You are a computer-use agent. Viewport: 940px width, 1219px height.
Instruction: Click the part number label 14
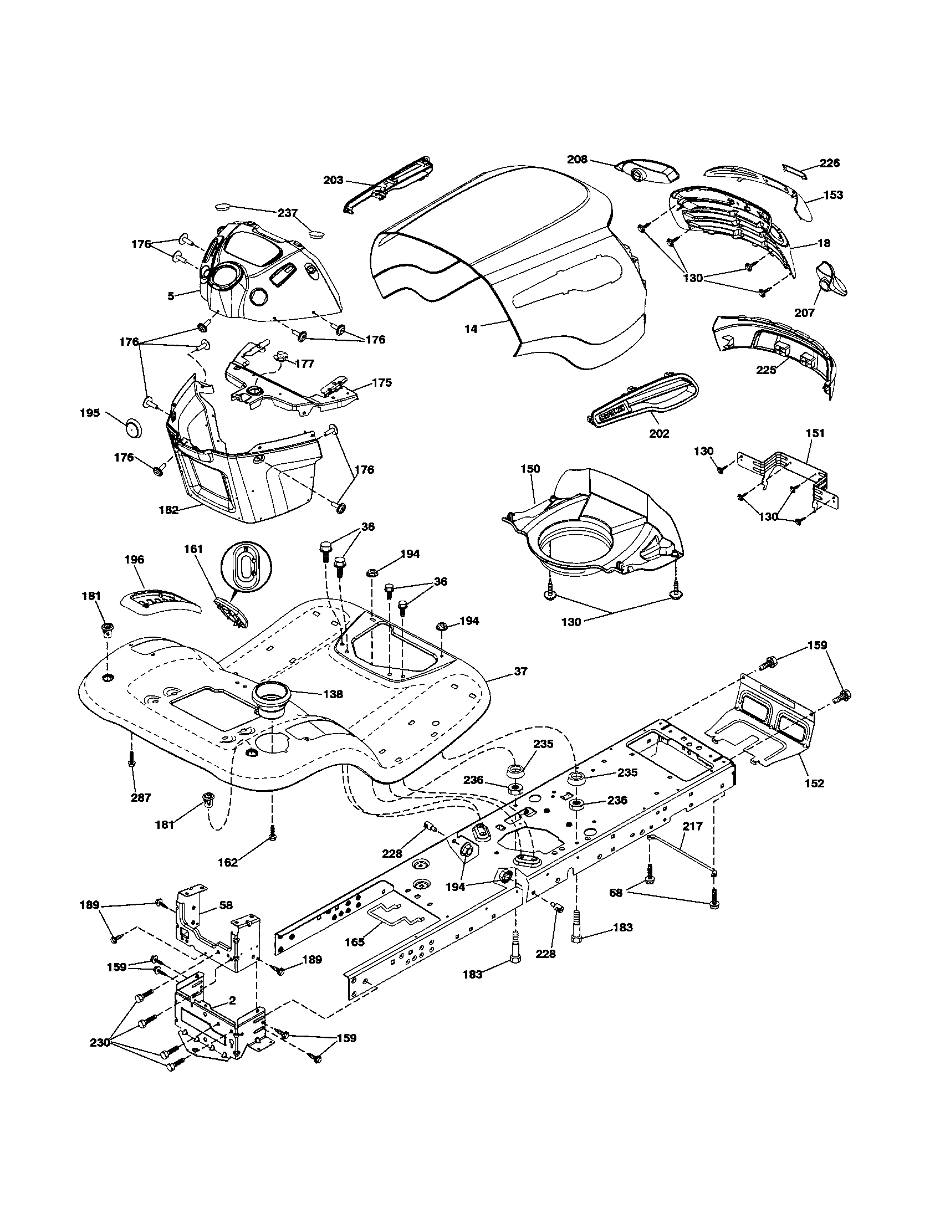click(x=471, y=329)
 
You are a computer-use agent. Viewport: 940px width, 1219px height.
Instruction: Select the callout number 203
click(x=333, y=180)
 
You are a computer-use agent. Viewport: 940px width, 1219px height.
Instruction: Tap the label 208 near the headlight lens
click(x=577, y=159)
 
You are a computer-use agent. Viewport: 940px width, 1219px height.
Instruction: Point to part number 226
click(x=830, y=163)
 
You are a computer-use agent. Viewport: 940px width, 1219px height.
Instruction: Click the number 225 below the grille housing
click(x=766, y=370)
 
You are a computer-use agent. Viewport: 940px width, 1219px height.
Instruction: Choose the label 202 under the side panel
click(x=659, y=433)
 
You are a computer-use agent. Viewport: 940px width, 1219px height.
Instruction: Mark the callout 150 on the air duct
click(x=530, y=469)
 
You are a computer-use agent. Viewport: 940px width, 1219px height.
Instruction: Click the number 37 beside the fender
click(x=520, y=672)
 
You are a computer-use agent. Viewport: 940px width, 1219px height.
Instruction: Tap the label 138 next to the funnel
click(x=333, y=694)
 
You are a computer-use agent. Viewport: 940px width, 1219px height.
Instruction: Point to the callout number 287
click(x=141, y=797)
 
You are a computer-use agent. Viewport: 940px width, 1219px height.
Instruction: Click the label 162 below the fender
click(x=228, y=862)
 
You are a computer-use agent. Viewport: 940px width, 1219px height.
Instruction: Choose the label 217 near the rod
click(x=692, y=826)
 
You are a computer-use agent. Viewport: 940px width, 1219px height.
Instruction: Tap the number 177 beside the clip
click(x=305, y=364)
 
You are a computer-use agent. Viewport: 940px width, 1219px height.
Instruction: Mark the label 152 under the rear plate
click(x=814, y=783)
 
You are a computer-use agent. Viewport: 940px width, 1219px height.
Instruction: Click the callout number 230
click(x=100, y=1042)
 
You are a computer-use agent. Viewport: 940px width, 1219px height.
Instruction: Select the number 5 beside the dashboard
click(x=171, y=296)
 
